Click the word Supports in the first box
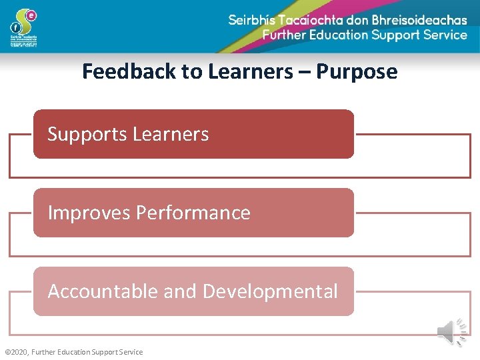click(x=87, y=135)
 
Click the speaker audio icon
click(x=454, y=331)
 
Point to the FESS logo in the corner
click(x=24, y=27)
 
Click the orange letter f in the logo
click(x=15, y=27)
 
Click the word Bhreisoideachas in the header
click(x=409, y=20)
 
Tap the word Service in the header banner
click(x=440, y=35)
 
